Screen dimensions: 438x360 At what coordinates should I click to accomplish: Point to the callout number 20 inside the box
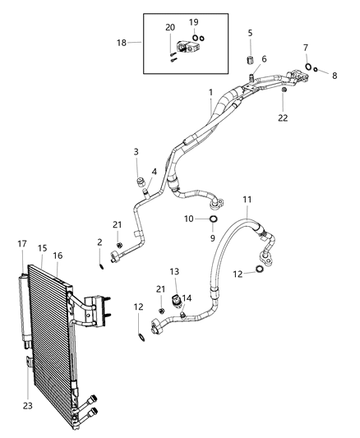click(x=170, y=28)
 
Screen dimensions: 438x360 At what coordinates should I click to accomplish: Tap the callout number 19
click(x=194, y=22)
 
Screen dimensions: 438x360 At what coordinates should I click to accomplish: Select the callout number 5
click(x=250, y=33)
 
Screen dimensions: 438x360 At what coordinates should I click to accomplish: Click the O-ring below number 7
click(x=306, y=67)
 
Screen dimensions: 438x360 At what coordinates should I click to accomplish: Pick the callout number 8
click(x=335, y=75)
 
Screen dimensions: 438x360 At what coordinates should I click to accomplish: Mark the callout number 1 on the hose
click(x=210, y=93)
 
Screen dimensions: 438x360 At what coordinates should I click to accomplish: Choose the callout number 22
click(x=284, y=118)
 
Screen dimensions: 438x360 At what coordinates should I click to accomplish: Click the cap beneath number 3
click(x=140, y=181)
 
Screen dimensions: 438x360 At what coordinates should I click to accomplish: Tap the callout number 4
click(x=154, y=172)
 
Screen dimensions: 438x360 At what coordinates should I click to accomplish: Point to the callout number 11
click(x=247, y=200)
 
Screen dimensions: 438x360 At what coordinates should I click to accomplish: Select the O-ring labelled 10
click(x=214, y=219)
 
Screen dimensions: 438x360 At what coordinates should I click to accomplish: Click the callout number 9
click(x=212, y=237)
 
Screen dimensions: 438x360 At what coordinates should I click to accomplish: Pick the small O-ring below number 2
click(x=101, y=264)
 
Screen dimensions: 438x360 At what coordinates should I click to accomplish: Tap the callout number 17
click(x=21, y=243)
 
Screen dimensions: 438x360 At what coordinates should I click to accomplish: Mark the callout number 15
click(x=42, y=247)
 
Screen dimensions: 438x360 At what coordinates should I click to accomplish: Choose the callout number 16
click(x=58, y=256)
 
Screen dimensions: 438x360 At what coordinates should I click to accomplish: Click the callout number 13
click(x=174, y=271)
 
